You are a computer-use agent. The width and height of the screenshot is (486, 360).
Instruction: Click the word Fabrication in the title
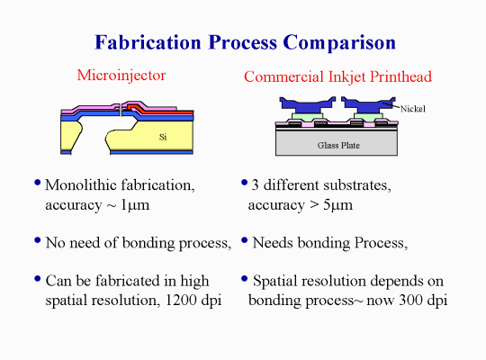coord(148,42)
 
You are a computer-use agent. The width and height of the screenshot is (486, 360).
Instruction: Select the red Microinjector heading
coord(121,76)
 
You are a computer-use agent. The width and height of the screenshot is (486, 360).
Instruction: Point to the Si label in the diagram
coord(163,137)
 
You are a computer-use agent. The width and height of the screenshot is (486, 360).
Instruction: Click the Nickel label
coord(413,109)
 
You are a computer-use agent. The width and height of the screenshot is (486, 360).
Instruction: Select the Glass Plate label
coord(338,145)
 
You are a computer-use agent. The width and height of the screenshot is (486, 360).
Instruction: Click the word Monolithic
coord(81,185)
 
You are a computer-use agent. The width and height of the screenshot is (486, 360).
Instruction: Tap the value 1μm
coord(135,205)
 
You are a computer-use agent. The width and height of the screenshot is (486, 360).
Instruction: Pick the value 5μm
coord(337,205)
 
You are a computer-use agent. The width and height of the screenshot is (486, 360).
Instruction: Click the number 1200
coord(181,300)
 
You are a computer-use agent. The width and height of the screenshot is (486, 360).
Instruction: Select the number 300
coord(411,300)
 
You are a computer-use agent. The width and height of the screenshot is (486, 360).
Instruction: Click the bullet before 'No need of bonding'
coord(38,240)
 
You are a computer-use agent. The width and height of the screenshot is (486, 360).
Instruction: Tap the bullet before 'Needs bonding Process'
coord(244,240)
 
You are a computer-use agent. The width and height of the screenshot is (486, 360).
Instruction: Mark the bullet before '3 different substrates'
coord(244,183)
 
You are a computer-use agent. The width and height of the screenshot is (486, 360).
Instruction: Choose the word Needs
coord(273,243)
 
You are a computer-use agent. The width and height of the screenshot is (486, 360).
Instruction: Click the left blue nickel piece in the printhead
coord(307,104)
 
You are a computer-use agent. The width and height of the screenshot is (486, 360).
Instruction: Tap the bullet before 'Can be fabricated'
coord(38,279)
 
